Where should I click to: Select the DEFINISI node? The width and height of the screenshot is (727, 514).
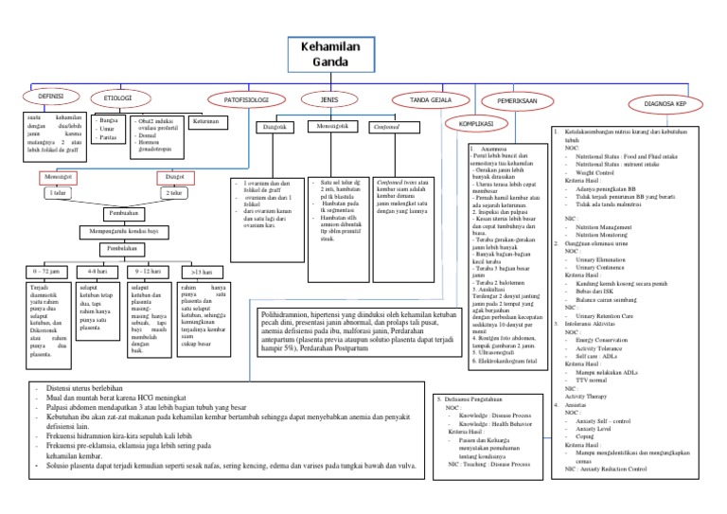click(x=49, y=97)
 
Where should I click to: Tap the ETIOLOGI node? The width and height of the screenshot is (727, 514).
click(x=117, y=97)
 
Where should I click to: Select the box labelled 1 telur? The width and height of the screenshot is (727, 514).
click(x=61, y=193)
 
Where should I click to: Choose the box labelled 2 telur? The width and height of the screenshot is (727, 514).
click(x=174, y=193)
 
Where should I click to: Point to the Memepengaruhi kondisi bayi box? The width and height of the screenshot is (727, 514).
click(x=118, y=231)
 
